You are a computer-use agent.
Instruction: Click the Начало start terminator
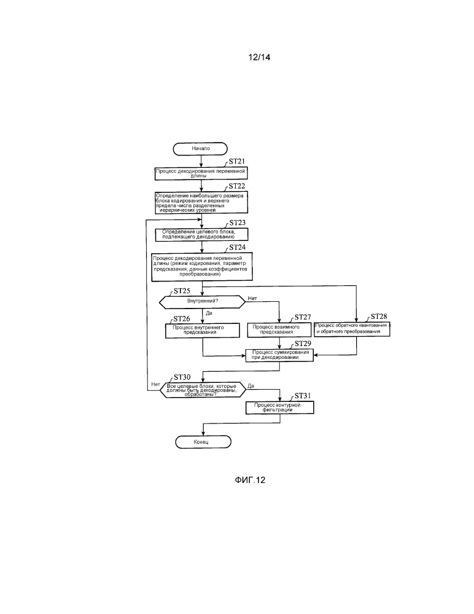[201, 149]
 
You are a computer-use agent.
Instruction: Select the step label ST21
[237, 162]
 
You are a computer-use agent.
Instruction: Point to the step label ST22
[237, 186]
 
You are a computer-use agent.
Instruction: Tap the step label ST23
[237, 223]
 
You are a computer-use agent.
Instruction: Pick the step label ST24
[237, 247]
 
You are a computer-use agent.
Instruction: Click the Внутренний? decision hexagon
[203, 302]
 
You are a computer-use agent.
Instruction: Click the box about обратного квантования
[352, 328]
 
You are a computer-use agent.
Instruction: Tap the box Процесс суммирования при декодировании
[279, 355]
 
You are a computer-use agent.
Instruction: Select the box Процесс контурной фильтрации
[279, 407]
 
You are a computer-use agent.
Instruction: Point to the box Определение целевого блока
[201, 234]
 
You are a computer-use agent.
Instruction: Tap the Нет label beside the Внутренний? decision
[252, 298]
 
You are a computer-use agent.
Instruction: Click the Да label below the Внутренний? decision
[209, 313]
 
